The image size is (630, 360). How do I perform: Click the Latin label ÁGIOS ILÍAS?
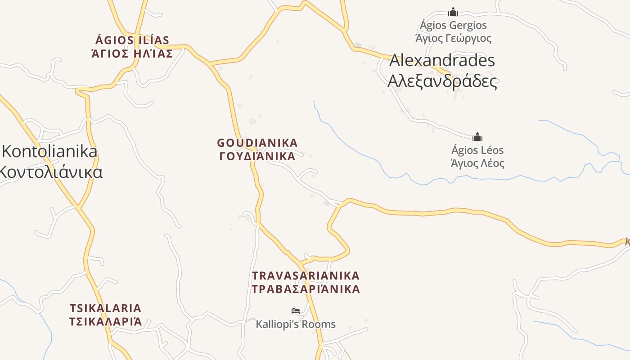pyautogui.click(x=132, y=40)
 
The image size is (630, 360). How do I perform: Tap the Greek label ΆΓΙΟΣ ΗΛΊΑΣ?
pyautogui.click(x=132, y=54)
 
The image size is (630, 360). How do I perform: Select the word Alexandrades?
pyautogui.click(x=442, y=60)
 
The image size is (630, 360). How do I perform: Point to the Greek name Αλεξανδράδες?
pyautogui.click(x=442, y=81)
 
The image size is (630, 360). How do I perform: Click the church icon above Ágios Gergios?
pyautogui.click(x=453, y=12)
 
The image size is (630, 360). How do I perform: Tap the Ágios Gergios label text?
pyautogui.click(x=453, y=25)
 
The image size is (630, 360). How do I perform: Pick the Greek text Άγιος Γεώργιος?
pyautogui.click(x=453, y=38)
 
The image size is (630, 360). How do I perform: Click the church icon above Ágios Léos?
pyautogui.click(x=477, y=137)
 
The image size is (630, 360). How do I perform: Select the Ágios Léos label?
pyautogui.click(x=477, y=150)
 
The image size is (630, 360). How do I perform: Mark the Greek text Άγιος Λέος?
pyautogui.click(x=477, y=163)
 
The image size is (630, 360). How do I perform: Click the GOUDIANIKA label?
pyautogui.click(x=257, y=143)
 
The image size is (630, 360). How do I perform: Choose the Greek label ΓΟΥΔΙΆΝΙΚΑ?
pyautogui.click(x=257, y=156)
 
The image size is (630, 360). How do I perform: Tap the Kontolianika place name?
pyautogui.click(x=49, y=151)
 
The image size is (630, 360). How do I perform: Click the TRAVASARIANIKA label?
pyautogui.click(x=306, y=275)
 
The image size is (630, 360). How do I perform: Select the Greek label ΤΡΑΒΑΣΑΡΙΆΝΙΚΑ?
pyautogui.click(x=306, y=289)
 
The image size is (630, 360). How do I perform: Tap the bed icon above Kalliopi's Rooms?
pyautogui.click(x=296, y=310)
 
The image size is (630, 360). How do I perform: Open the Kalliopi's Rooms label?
pyautogui.click(x=296, y=324)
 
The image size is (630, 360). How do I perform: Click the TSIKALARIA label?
pyautogui.click(x=105, y=308)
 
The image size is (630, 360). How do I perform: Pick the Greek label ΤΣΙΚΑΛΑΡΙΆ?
pyautogui.click(x=105, y=321)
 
